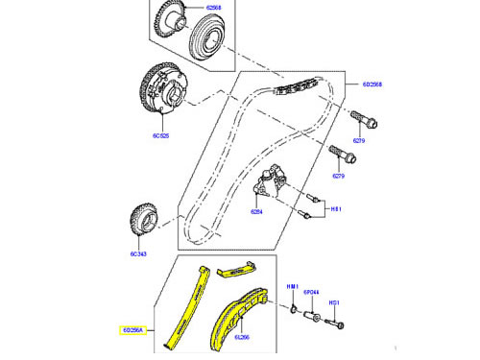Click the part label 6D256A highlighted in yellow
132,329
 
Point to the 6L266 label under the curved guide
240,337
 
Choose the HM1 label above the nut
294,287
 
